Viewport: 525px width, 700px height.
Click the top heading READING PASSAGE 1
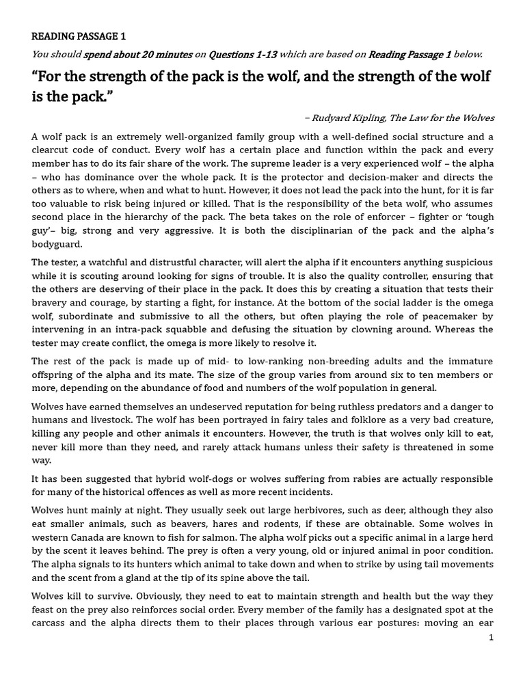[79, 37]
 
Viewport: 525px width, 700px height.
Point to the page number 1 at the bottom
[490, 638]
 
